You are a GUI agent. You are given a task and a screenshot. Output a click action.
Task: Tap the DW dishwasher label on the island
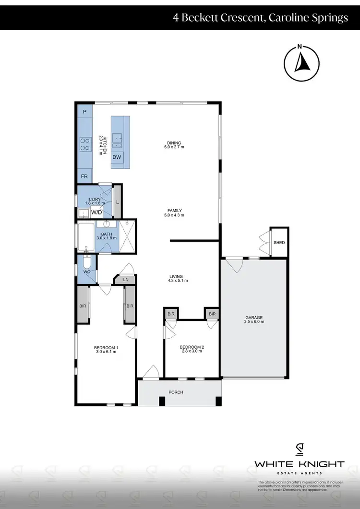(117, 157)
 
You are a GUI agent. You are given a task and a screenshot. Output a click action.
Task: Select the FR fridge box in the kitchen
(84, 177)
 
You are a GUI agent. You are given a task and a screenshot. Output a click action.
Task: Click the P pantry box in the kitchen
(85, 112)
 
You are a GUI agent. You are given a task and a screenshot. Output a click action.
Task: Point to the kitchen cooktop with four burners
(85, 144)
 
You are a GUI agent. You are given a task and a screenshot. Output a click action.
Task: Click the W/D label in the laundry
(96, 212)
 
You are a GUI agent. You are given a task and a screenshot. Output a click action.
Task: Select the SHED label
(279, 243)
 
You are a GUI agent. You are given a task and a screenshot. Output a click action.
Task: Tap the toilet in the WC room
(86, 265)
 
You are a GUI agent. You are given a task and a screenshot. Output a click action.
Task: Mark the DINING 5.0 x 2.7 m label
(174, 144)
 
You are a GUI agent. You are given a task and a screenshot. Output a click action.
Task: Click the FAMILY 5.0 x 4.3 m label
(175, 213)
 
